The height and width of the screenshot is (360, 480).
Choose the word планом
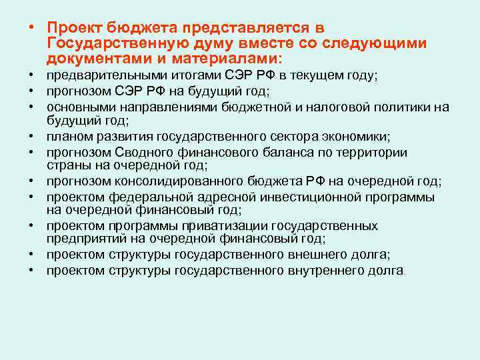[x=67, y=137]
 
